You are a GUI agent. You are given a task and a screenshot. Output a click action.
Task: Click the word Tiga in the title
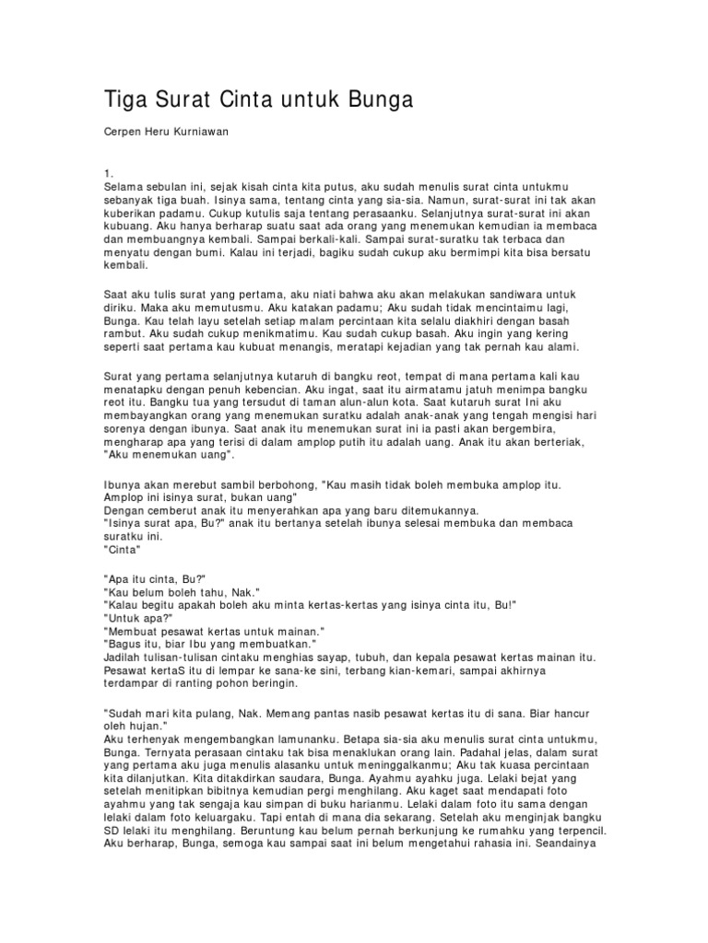point(126,99)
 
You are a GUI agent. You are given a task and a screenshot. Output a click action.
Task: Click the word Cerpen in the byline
point(123,132)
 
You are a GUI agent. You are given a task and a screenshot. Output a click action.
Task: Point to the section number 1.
point(109,173)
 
